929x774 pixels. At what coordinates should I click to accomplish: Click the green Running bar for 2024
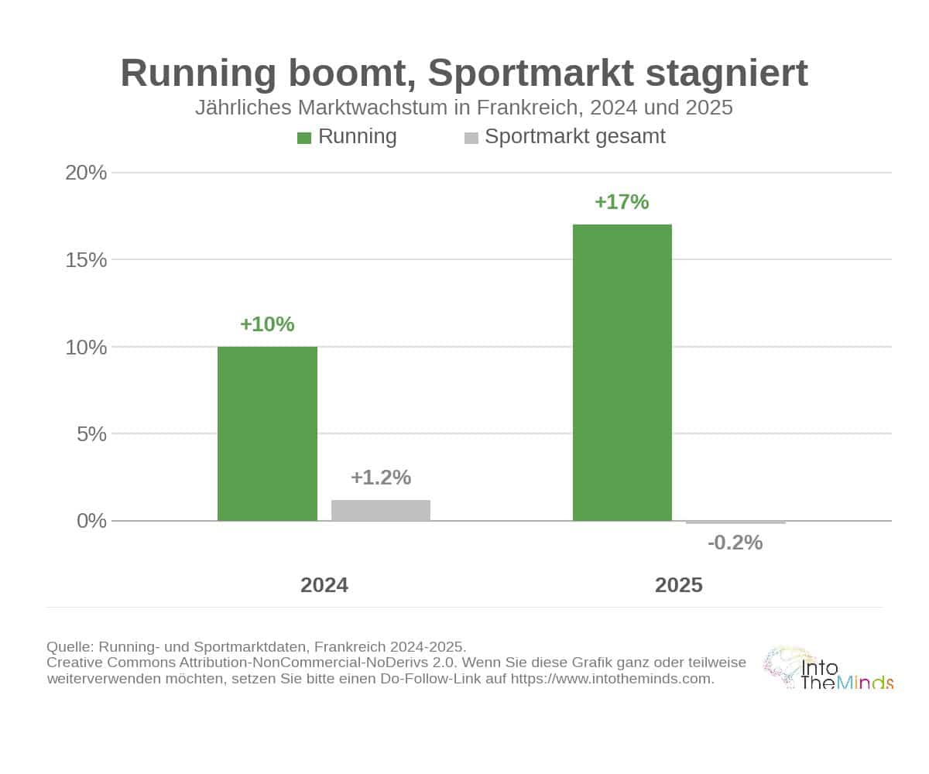[x=267, y=433]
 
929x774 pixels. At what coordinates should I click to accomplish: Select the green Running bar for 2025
[x=622, y=372]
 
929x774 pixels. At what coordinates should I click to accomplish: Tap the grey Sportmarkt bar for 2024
[x=381, y=510]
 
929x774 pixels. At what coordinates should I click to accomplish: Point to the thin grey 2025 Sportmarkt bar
[x=735, y=522]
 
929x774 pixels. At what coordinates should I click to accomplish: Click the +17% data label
[x=622, y=202]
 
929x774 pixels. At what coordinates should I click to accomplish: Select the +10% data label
[x=267, y=324]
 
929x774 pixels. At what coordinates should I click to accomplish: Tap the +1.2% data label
[x=381, y=478]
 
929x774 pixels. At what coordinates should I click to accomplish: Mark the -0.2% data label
[x=735, y=543]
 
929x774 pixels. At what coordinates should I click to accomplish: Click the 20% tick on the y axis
[x=86, y=173]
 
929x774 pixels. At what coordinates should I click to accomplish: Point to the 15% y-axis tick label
[x=86, y=260]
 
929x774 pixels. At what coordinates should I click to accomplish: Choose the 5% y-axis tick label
[x=91, y=433]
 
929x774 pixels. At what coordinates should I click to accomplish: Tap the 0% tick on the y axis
[x=91, y=521]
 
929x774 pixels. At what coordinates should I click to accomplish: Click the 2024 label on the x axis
[x=324, y=585]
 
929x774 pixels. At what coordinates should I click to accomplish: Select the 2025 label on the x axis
[x=678, y=585]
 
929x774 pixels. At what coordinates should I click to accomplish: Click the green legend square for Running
[x=304, y=138]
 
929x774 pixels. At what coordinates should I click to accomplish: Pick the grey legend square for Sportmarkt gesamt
[x=471, y=138]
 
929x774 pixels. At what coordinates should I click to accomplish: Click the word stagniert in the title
[x=727, y=74]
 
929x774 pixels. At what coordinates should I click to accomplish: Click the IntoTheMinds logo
[x=828, y=668]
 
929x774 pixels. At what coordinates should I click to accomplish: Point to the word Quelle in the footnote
[x=70, y=647]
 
